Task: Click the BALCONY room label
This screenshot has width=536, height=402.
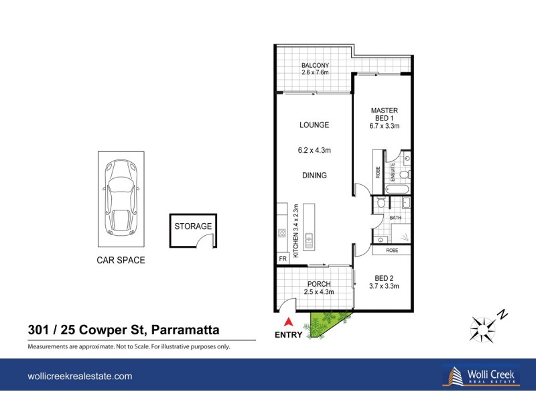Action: [314, 65]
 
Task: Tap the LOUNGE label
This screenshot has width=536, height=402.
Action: [314, 125]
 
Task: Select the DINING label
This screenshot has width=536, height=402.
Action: [314, 176]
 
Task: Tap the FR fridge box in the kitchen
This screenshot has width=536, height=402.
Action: [282, 258]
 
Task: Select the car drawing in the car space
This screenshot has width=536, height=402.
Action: [121, 200]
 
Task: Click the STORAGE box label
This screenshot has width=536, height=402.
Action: [193, 226]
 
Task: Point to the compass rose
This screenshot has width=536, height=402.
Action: [484, 326]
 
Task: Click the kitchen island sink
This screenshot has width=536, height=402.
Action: [309, 238]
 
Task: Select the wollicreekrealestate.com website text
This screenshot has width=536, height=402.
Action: [80, 377]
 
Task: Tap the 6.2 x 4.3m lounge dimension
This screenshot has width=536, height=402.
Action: [314, 151]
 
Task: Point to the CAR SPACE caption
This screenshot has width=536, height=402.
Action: [121, 260]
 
